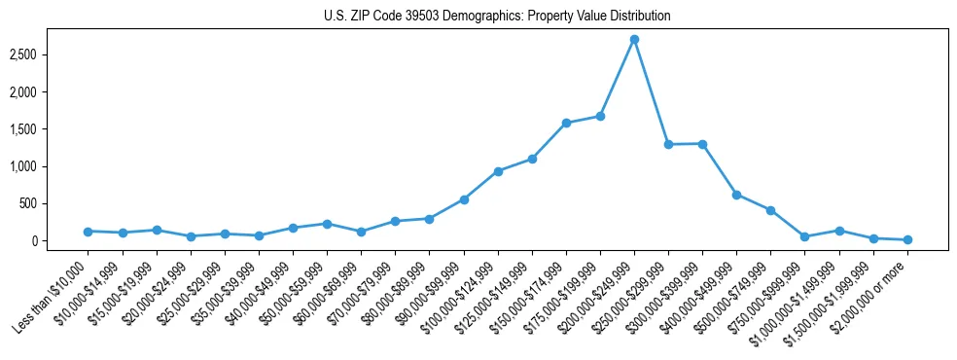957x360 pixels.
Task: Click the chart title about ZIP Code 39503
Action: (x=497, y=17)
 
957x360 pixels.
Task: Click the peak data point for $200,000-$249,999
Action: (x=634, y=39)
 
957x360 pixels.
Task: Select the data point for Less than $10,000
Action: (x=88, y=232)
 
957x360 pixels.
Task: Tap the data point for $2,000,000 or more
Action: (x=907, y=239)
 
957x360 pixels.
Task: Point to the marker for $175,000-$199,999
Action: (x=600, y=116)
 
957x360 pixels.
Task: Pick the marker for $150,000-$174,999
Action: (x=566, y=123)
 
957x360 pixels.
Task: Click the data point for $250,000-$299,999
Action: (x=668, y=144)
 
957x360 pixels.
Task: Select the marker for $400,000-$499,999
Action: (x=736, y=195)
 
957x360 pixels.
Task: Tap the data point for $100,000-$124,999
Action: (x=498, y=171)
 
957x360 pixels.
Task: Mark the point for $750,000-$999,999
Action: (x=804, y=236)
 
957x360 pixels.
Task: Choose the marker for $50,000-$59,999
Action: (x=327, y=224)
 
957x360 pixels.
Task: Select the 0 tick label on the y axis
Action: (x=59, y=241)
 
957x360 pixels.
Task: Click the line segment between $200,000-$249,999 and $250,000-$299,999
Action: (x=652, y=91)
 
